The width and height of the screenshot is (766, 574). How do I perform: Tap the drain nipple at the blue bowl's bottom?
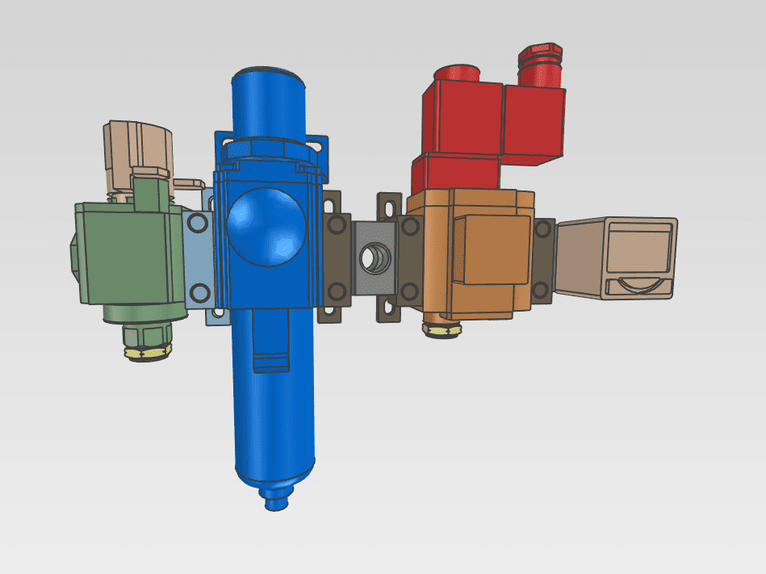pyautogui.click(x=277, y=501)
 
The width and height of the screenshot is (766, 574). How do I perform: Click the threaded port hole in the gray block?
pyautogui.click(x=374, y=258)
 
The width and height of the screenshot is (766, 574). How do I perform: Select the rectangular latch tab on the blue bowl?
pyautogui.click(x=270, y=355)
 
